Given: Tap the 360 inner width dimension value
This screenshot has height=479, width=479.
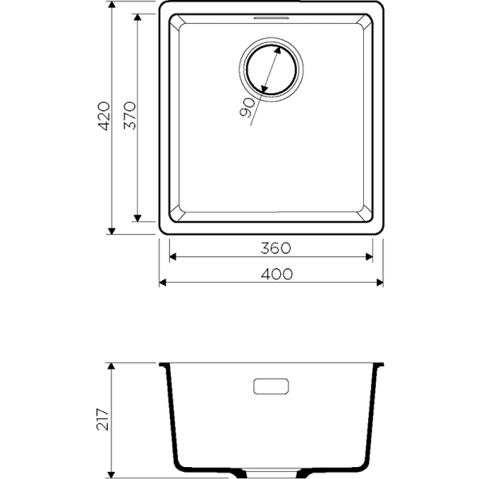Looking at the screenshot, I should pyautogui.click(x=272, y=247).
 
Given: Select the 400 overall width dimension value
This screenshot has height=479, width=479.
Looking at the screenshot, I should pyautogui.click(x=272, y=273).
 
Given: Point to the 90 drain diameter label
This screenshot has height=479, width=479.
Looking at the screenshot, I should pyautogui.click(x=247, y=107).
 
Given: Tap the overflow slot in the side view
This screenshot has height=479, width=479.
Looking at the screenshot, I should pyautogui.click(x=272, y=386).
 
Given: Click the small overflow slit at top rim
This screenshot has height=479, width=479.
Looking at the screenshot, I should pyautogui.click(x=271, y=16).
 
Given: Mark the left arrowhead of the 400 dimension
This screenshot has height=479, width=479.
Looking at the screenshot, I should pyautogui.click(x=164, y=283).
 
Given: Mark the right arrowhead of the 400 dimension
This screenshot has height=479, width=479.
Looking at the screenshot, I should pyautogui.click(x=380, y=283).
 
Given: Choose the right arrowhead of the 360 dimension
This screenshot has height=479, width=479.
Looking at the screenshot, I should pyautogui.click(x=369, y=257).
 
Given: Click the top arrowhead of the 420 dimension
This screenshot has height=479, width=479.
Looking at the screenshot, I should pyautogui.click(x=112, y=6).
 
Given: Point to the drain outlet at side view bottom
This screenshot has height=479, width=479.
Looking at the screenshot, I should pyautogui.click(x=272, y=470).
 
